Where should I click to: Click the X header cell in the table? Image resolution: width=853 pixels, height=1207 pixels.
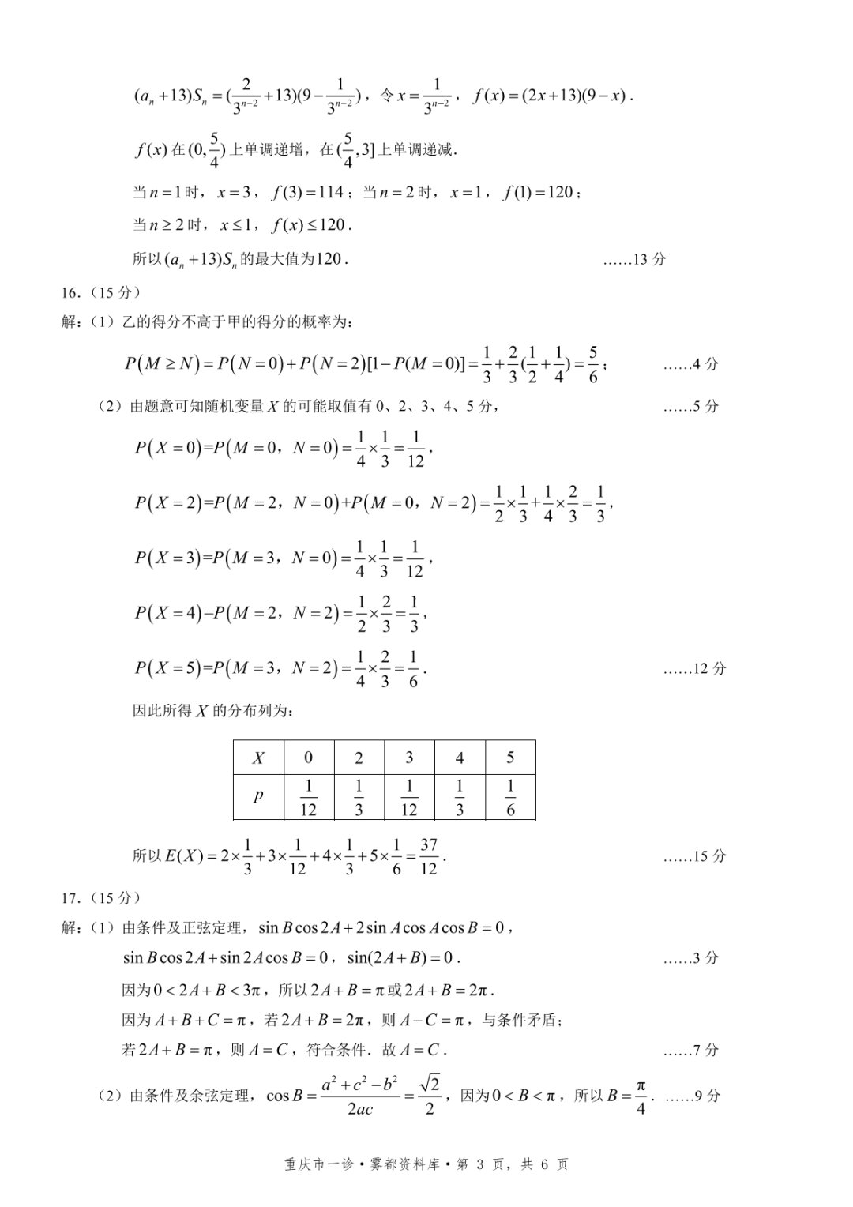tap(258, 758)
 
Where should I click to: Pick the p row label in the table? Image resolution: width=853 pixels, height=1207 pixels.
tap(258, 796)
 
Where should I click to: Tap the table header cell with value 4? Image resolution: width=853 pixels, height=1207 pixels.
tap(460, 758)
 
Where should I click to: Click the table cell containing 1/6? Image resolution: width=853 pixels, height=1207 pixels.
tap(510, 797)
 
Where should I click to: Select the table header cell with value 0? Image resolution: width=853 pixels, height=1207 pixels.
tap(308, 758)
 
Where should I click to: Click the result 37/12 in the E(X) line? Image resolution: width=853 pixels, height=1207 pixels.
tap(428, 856)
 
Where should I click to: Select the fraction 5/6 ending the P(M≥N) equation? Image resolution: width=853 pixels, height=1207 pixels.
tap(592, 364)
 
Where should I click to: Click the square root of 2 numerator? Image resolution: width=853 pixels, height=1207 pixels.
tap(430, 1083)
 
